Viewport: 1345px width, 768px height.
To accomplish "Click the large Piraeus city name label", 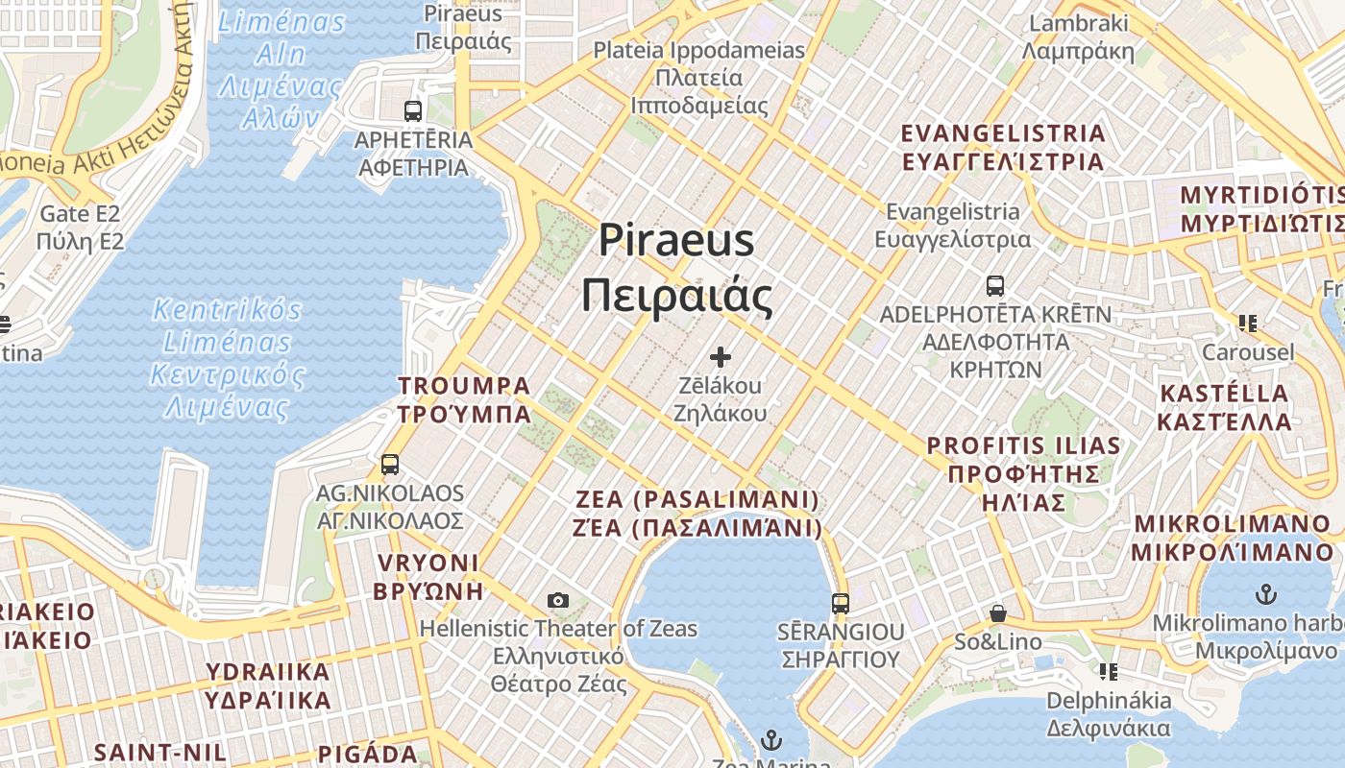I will [x=676, y=269].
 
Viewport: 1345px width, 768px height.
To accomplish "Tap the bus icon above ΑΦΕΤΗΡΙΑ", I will [x=413, y=110].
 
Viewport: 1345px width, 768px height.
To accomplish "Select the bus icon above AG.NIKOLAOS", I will [x=390, y=465].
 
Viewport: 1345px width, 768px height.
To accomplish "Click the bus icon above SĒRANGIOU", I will [x=841, y=604].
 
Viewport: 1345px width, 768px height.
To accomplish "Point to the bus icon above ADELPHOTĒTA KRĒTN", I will [x=995, y=285].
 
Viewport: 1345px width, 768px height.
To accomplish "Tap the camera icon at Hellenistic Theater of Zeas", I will [x=558, y=601].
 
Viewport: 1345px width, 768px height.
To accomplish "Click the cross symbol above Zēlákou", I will [x=721, y=358].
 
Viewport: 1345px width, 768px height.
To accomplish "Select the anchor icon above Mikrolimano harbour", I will [x=1266, y=594].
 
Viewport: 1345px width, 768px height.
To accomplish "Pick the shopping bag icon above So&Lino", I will [x=998, y=612].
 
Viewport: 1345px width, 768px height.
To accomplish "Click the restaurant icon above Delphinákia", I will [x=1109, y=671].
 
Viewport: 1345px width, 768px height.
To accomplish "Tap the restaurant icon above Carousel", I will [x=1248, y=324].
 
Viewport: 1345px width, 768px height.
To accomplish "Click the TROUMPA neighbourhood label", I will [x=465, y=399].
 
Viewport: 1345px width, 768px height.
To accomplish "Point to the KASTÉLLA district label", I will [x=1225, y=408].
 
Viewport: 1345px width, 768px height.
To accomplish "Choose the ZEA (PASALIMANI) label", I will [x=698, y=514].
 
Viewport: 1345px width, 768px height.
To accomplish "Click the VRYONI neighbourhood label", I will [x=428, y=576].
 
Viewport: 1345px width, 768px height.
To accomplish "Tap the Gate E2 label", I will [x=81, y=228].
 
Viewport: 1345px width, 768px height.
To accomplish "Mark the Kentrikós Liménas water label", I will [x=228, y=358].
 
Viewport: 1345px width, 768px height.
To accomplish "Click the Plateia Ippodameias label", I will [x=699, y=78].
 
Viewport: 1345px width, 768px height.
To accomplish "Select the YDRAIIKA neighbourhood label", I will [x=269, y=685].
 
